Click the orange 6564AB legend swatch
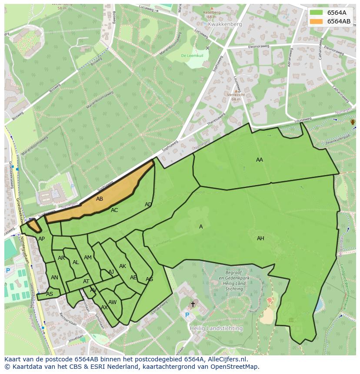pyautogui.click(x=317, y=21)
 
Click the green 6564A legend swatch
pyautogui.click(x=317, y=13)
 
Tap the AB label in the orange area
pyautogui.click(x=100, y=199)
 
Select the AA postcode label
pyautogui.click(x=260, y=160)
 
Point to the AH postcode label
pyautogui.click(x=260, y=238)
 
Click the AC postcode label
pyautogui.click(x=114, y=210)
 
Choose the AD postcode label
pyautogui.click(x=148, y=205)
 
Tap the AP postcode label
pyautogui.click(x=41, y=239)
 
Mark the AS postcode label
pyautogui.click(x=50, y=294)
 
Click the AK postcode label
pyautogui.click(x=123, y=266)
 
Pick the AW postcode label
pyautogui.click(x=113, y=302)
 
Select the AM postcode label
pyautogui.click(x=88, y=258)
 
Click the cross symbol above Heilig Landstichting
pyautogui.click(x=193, y=304)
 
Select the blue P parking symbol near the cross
pyautogui.click(x=187, y=315)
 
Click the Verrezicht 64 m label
pyautogui.click(x=236, y=97)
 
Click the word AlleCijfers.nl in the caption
pyautogui.click(x=226, y=359)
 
